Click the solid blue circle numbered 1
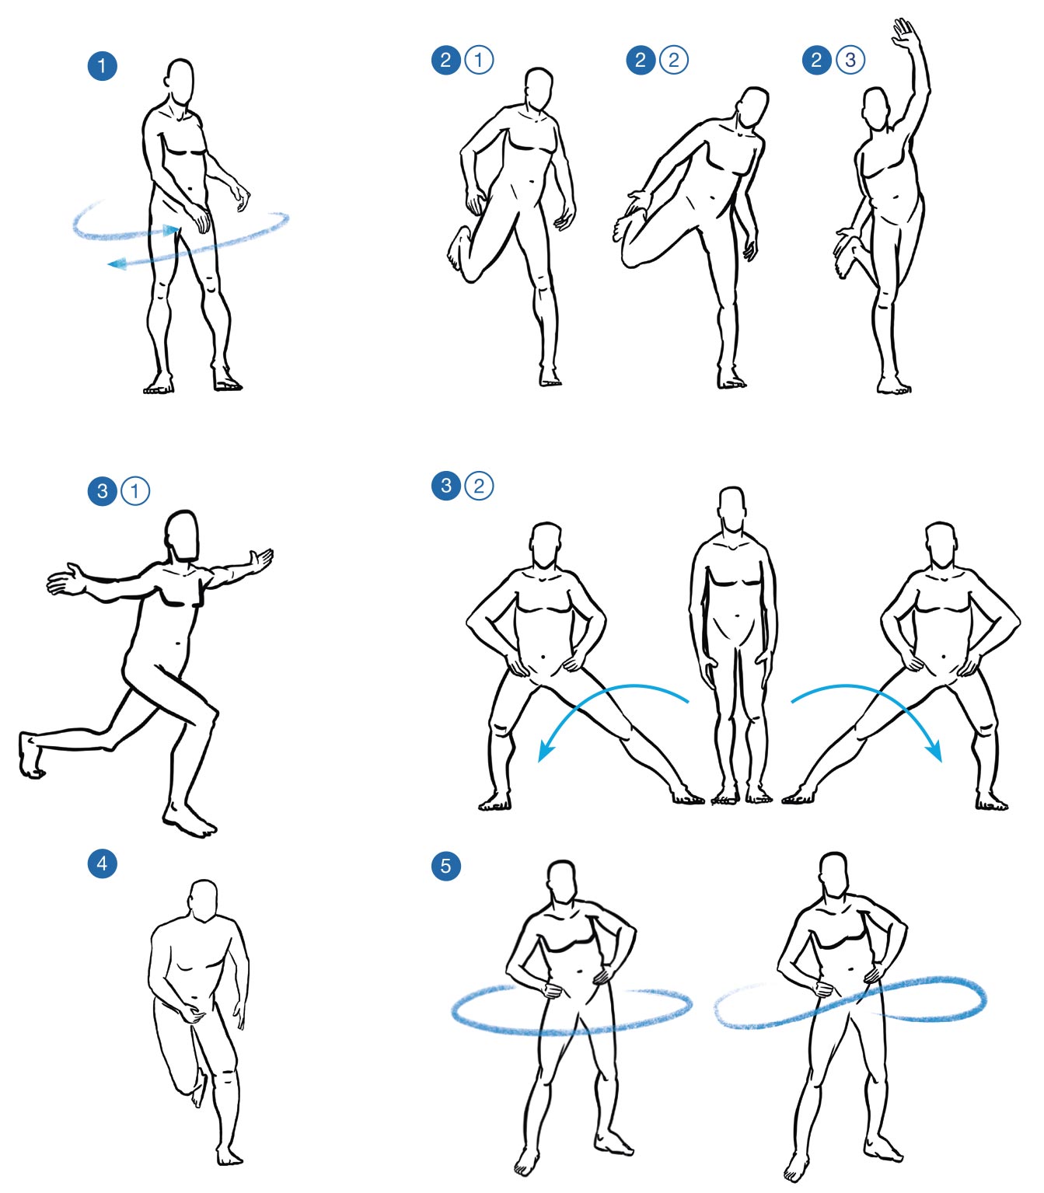[102, 66]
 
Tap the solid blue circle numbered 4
[102, 863]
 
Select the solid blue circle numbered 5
[445, 866]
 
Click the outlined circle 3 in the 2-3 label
[850, 60]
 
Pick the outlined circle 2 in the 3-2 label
[478, 486]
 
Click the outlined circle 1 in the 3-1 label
[134, 491]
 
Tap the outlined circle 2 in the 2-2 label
[674, 60]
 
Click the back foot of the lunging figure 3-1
[30, 755]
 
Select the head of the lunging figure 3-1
[182, 535]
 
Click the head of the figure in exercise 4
[204, 902]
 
